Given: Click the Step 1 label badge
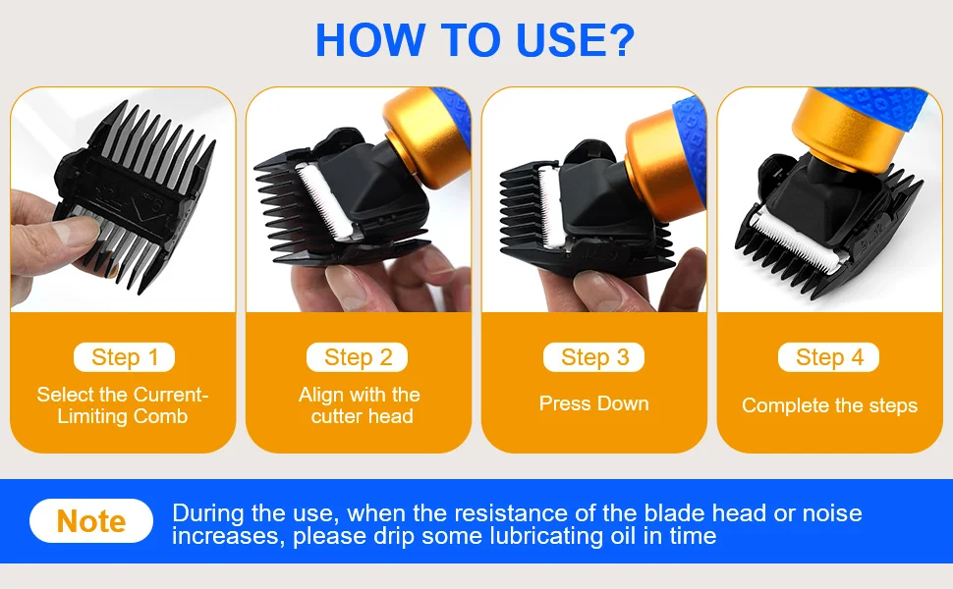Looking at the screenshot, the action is pyautogui.click(x=124, y=357).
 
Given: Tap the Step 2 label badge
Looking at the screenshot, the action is pyautogui.click(x=358, y=357).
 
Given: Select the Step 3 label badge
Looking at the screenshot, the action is pyautogui.click(x=593, y=357).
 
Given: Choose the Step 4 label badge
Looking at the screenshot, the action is pyautogui.click(x=828, y=357).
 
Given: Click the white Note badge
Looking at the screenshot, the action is pyautogui.click(x=91, y=521).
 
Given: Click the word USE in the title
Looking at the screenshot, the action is pyautogui.click(x=575, y=40).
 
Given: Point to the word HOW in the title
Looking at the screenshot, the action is pyautogui.click(x=369, y=40).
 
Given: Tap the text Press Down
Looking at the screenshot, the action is pyautogui.click(x=593, y=403).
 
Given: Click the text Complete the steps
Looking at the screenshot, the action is pyautogui.click(x=829, y=405).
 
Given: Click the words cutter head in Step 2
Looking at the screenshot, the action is pyautogui.click(x=363, y=416).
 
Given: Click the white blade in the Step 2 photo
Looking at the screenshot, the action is pyautogui.click(x=324, y=200).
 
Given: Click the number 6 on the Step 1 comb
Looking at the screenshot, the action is pyautogui.click(x=157, y=205).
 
